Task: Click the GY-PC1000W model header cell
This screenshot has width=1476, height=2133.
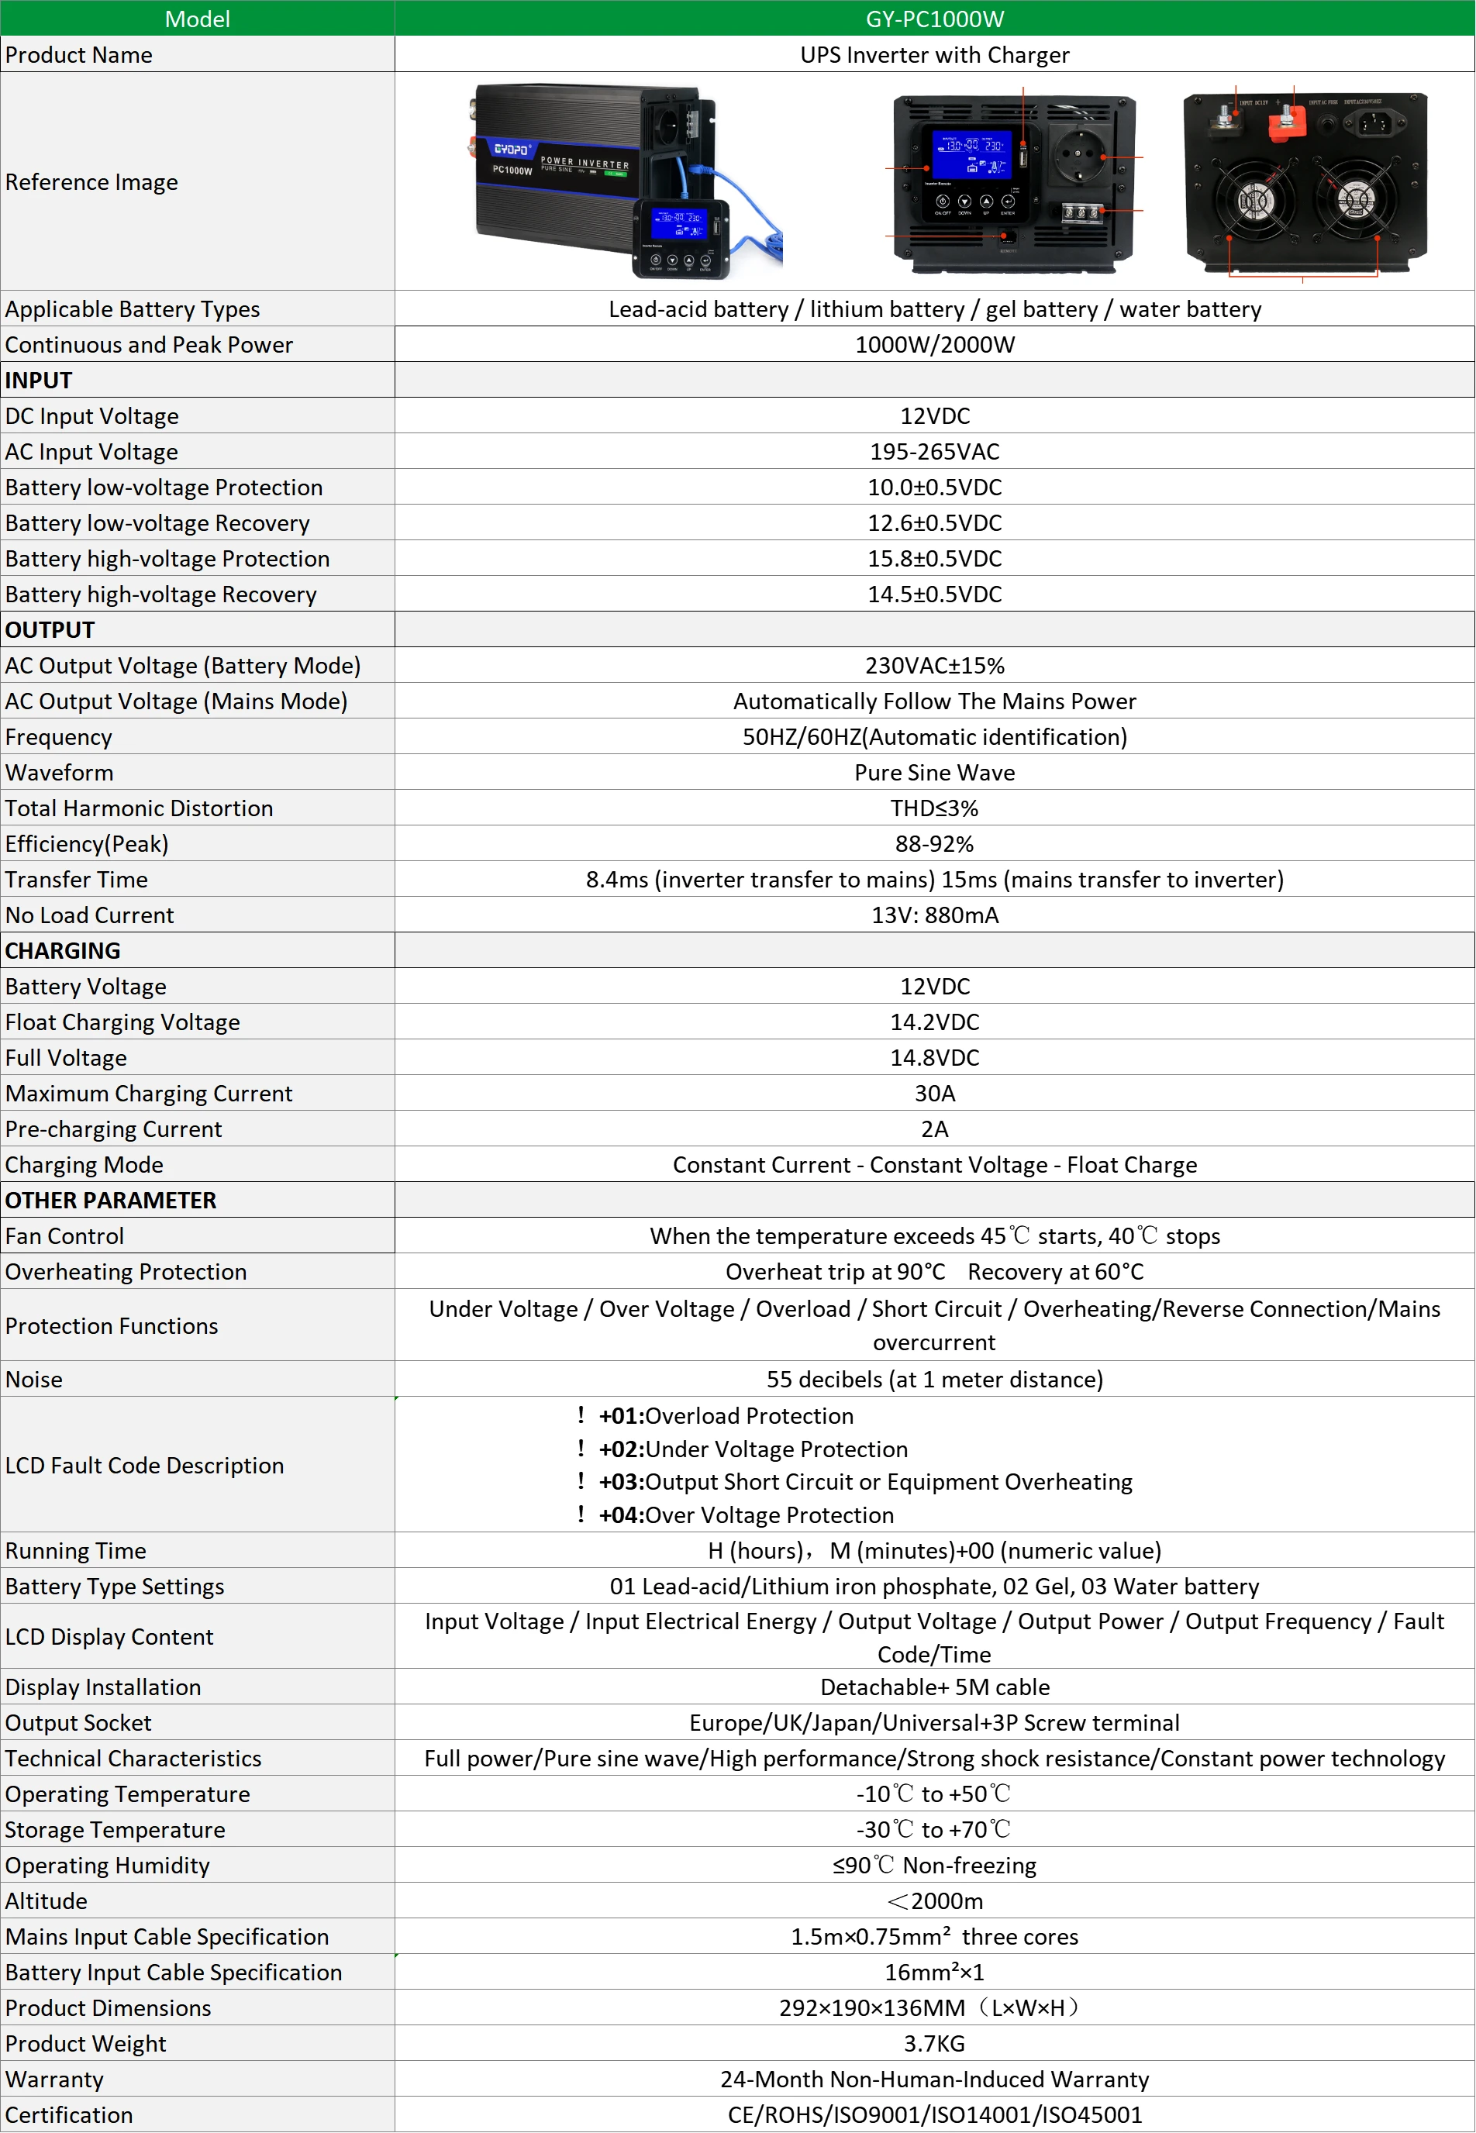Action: click(x=934, y=19)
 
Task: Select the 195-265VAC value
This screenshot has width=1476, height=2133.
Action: click(x=934, y=451)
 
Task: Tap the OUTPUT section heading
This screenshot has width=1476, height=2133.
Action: click(x=50, y=629)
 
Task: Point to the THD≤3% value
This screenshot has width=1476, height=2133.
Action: click(x=934, y=808)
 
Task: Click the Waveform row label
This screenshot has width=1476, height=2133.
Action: click(x=59, y=773)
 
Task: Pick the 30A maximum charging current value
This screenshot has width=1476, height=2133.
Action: click(x=934, y=1093)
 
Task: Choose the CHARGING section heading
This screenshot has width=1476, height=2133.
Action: click(x=63, y=950)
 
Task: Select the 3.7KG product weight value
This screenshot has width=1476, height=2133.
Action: click(x=934, y=2043)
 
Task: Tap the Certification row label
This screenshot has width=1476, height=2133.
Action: click(x=69, y=2114)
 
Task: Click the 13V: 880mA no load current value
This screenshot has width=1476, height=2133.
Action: click(x=934, y=915)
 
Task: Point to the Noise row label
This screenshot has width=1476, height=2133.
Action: click(x=34, y=1379)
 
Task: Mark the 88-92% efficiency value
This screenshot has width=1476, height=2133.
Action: click(x=934, y=844)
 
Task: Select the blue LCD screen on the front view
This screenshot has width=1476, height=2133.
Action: click(x=972, y=153)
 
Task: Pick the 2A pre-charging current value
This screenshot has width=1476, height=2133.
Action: click(x=934, y=1129)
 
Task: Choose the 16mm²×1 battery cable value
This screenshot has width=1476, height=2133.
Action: click(x=934, y=1972)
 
